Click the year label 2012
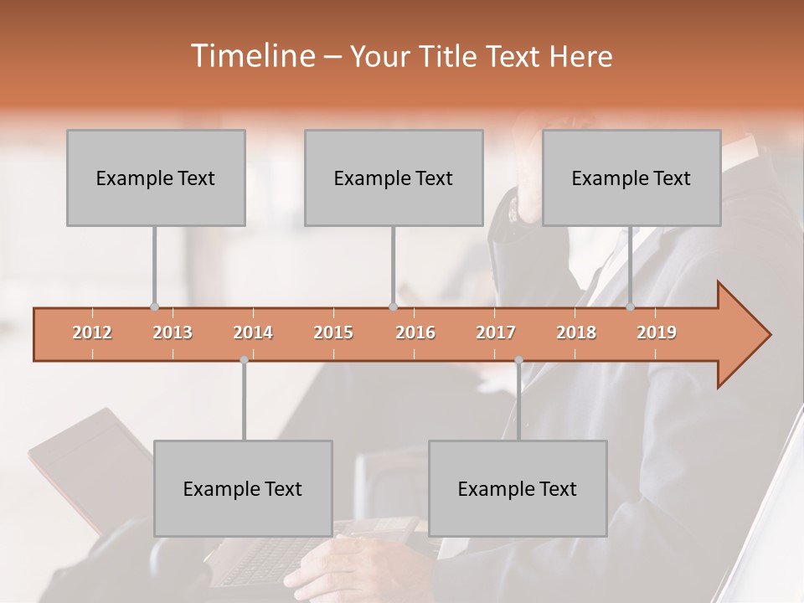click(92, 332)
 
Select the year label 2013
click(173, 332)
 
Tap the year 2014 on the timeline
click(253, 332)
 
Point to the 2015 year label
click(333, 332)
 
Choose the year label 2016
click(415, 332)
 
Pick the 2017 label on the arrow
click(496, 332)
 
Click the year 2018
click(576, 332)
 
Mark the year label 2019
click(657, 332)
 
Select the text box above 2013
click(156, 178)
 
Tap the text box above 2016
click(394, 178)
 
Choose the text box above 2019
click(631, 178)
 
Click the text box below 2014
click(243, 488)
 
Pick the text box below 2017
click(518, 488)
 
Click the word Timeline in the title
click(250, 56)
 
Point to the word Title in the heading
click(452, 56)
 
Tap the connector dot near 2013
click(154, 307)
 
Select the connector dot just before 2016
click(393, 307)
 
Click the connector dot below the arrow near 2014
click(244, 360)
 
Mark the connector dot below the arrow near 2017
click(518, 360)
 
